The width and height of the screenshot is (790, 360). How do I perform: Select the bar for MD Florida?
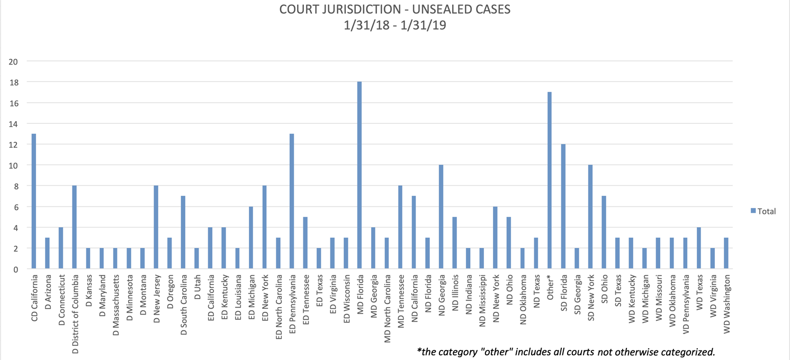tap(360, 176)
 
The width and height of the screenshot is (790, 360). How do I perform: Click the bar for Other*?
tap(550, 181)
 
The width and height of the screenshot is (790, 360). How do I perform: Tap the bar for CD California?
tap(34, 202)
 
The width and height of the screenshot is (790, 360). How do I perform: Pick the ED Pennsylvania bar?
tap(292, 202)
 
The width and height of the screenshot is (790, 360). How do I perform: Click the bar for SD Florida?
tap(563, 207)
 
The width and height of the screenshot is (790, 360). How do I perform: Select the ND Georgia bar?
tap(441, 217)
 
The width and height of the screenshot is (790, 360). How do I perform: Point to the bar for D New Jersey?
tap(156, 228)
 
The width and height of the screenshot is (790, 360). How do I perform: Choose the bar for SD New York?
tap(590, 217)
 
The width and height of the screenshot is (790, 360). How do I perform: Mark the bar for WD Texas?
tap(699, 248)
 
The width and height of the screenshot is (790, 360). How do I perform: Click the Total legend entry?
tap(762, 211)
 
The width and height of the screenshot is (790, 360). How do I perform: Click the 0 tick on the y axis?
tap(16, 269)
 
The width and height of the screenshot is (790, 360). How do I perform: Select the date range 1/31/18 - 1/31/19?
tap(394, 25)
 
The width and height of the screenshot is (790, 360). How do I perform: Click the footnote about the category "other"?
tap(566, 352)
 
